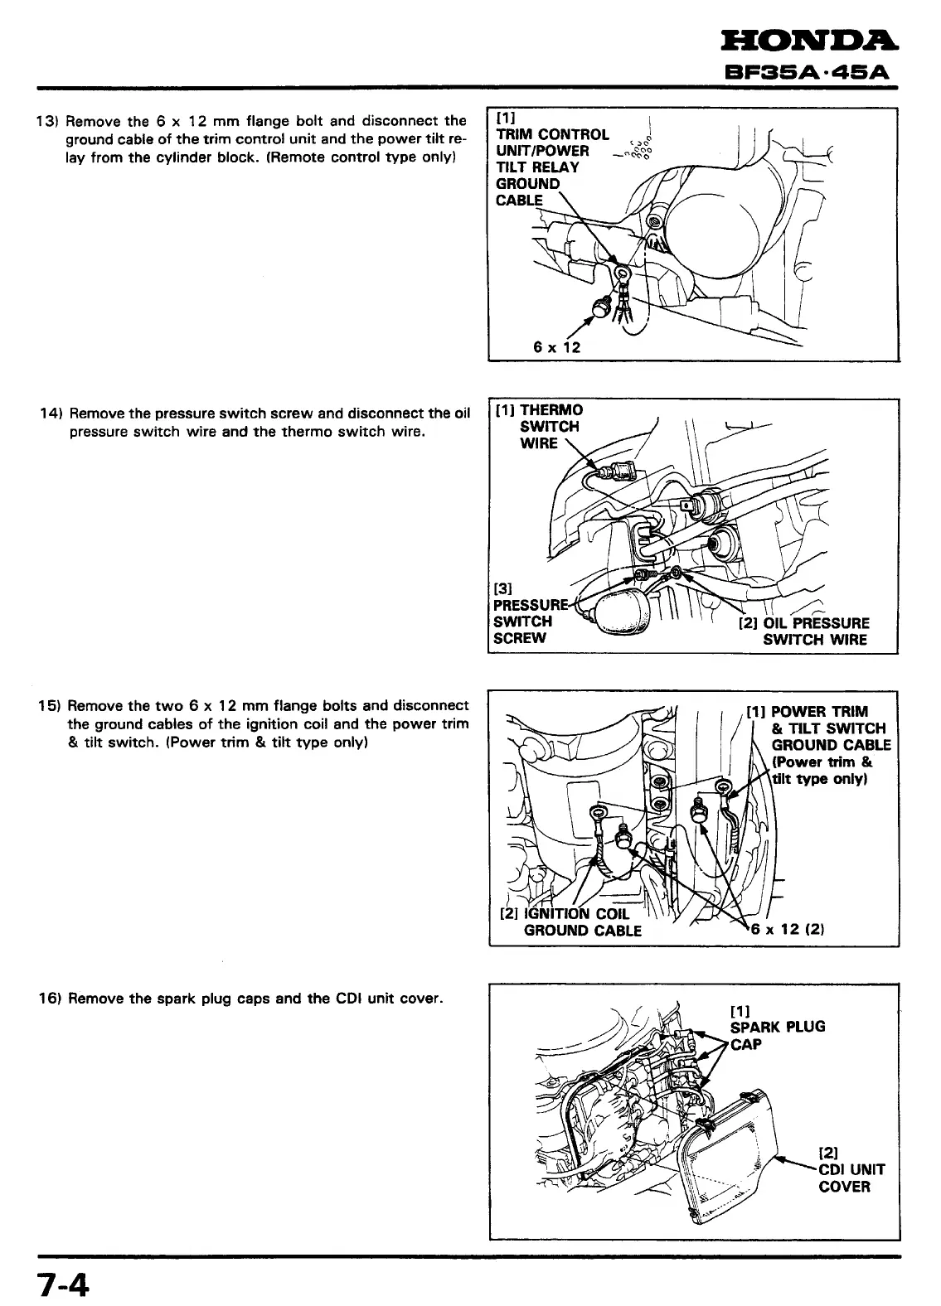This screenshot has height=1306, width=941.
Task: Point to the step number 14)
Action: tap(52, 414)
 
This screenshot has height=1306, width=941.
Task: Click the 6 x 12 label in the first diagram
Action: tap(557, 346)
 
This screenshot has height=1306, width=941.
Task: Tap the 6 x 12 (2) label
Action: tap(786, 929)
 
